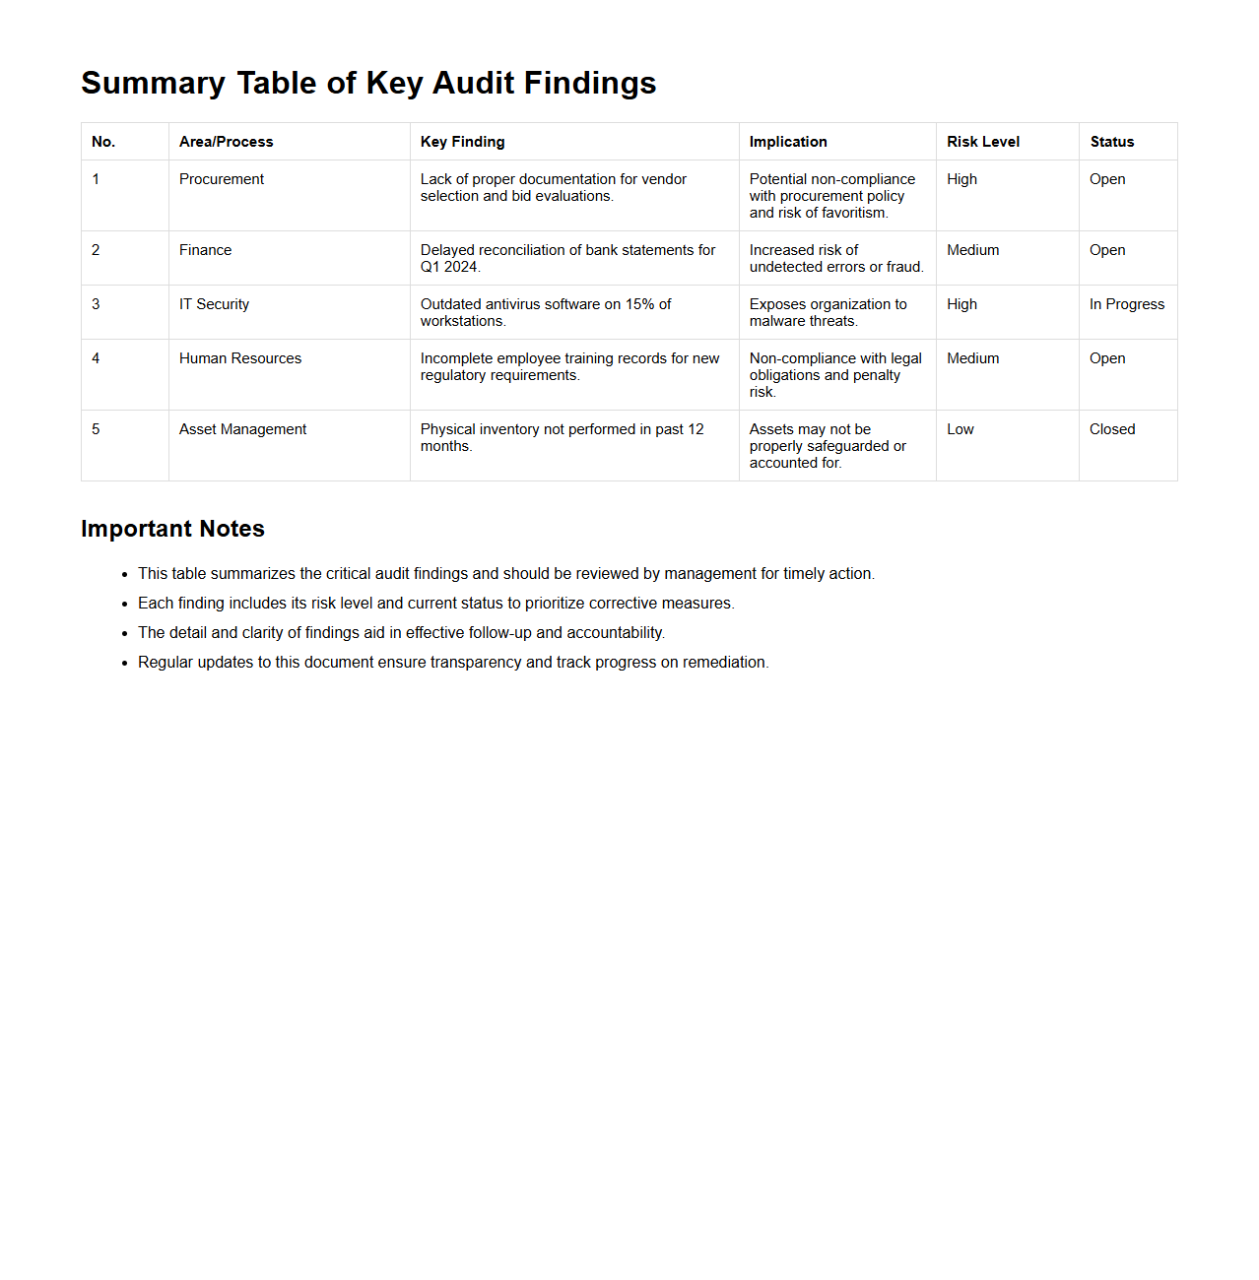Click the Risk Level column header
[x=982, y=142]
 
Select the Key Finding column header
[x=462, y=142]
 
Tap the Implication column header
[x=787, y=142]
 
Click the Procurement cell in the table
[x=222, y=179]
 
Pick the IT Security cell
[x=214, y=304]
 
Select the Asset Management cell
[x=242, y=429]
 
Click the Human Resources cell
[x=239, y=358]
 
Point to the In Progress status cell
[x=1126, y=304]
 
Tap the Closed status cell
[x=1111, y=429]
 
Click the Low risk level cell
[x=960, y=429]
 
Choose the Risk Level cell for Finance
[x=972, y=250]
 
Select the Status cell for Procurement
[x=1106, y=179]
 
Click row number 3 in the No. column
[x=96, y=304]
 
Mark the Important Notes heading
[x=172, y=529]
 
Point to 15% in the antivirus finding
[x=639, y=304]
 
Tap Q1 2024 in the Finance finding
[x=448, y=267]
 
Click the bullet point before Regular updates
[x=125, y=663]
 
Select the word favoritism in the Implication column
[x=853, y=213]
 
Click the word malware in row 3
[x=776, y=321]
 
